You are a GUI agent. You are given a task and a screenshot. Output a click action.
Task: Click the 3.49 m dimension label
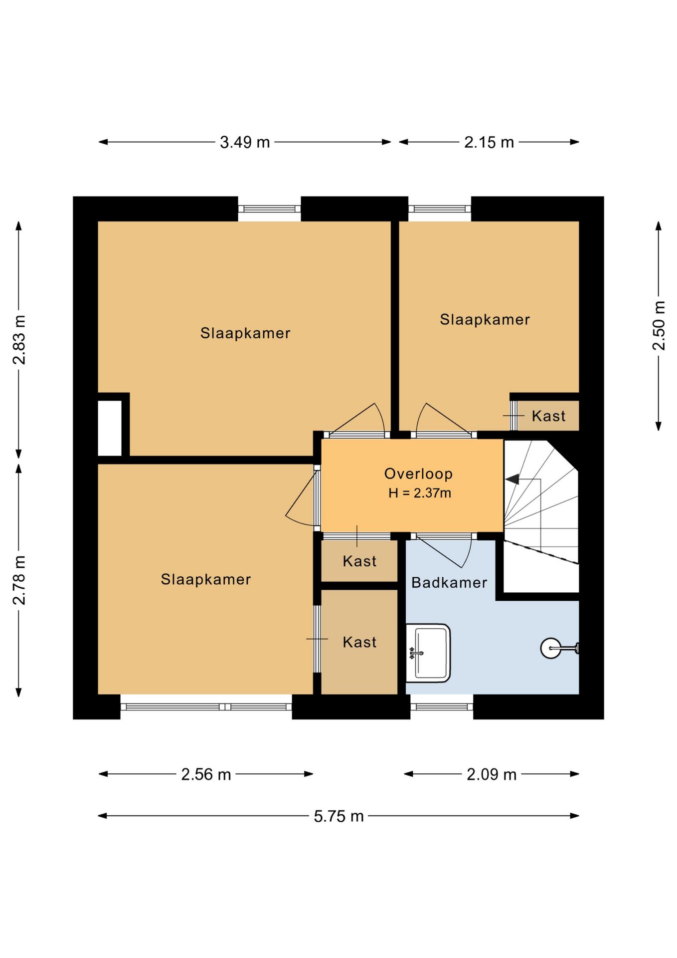point(245,142)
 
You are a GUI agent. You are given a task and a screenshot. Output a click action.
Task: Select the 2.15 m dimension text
point(489,142)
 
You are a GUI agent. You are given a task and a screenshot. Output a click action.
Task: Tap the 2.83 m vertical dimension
point(19,340)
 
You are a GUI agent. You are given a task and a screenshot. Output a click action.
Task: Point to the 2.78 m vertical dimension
point(19,580)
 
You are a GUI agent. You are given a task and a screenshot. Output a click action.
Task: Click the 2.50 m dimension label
point(659,325)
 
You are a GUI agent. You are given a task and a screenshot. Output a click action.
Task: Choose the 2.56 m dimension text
point(206,774)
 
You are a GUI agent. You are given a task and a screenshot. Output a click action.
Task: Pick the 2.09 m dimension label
point(492,774)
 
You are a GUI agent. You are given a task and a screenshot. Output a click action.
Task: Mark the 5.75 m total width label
point(338,816)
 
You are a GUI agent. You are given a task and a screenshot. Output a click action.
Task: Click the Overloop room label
point(418,474)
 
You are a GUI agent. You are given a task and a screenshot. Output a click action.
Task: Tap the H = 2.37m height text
point(420,493)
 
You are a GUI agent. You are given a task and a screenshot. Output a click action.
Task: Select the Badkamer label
point(449,582)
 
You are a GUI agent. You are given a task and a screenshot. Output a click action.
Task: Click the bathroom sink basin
point(428,653)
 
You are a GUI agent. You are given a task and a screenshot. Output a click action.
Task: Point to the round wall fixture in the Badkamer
point(551,648)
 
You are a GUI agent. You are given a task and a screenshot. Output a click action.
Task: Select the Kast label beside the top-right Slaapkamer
point(548,416)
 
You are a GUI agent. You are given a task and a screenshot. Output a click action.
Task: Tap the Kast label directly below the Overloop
point(359,561)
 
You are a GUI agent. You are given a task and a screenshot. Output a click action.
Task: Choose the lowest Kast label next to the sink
point(359,642)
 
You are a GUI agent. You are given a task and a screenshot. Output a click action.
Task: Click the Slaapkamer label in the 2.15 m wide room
point(485,319)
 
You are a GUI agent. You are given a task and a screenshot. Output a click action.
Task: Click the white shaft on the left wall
point(110,428)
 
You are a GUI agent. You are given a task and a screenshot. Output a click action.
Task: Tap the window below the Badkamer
point(442,707)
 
